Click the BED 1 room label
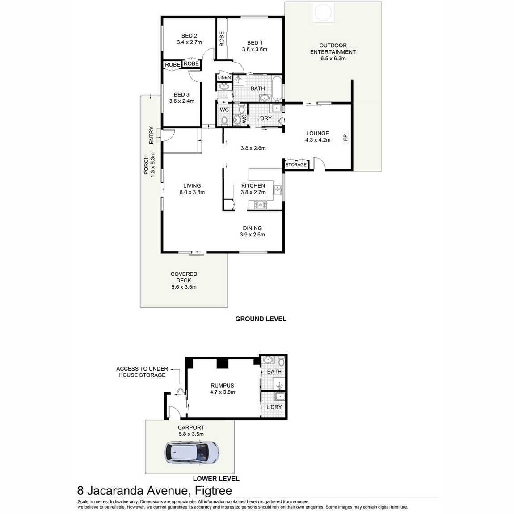[255, 43]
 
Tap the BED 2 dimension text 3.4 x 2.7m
[189, 42]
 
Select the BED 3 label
[181, 94]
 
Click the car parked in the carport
[192, 452]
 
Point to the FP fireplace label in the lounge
[345, 137]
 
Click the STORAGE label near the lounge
[296, 165]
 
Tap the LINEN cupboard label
[224, 78]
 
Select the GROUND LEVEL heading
[261, 319]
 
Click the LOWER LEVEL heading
[216, 479]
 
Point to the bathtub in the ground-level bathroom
[277, 88]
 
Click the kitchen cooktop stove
[260, 205]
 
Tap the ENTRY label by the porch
[151, 135]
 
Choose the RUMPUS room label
[222, 385]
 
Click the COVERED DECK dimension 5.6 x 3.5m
[184, 287]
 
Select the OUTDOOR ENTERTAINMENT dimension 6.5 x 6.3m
[333, 59]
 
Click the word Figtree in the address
[213, 491]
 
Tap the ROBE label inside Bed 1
[222, 38]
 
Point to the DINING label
[252, 228]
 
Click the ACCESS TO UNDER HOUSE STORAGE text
[142, 372]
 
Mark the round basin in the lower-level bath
[268, 360]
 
